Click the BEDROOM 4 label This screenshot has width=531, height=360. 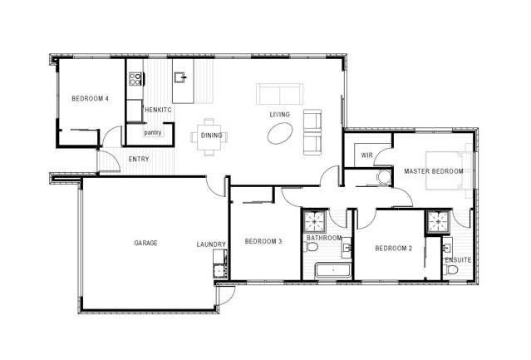[90, 99]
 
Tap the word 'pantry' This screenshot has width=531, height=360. [152, 132]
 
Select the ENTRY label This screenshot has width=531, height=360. [139, 159]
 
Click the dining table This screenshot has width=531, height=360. [210, 136]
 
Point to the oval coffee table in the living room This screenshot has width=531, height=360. [279, 132]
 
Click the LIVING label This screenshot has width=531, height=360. [278, 115]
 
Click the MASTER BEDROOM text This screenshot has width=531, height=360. [433, 171]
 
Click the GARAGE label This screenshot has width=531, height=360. [146, 243]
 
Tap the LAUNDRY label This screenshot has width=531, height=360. [211, 244]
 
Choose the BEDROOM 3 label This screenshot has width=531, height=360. [263, 242]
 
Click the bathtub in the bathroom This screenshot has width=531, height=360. [332, 270]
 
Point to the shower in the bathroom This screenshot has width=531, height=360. [315, 222]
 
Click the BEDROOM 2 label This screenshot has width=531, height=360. [394, 249]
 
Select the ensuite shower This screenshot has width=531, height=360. [437, 222]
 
